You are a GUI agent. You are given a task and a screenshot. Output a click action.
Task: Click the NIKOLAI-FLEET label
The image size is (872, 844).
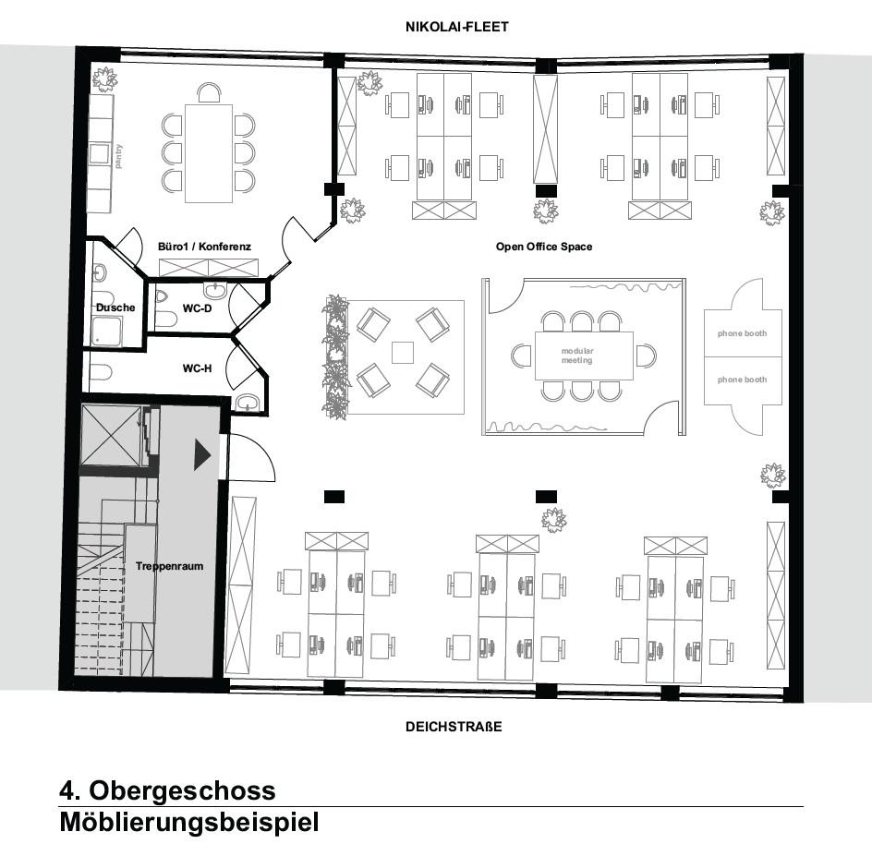point(456,27)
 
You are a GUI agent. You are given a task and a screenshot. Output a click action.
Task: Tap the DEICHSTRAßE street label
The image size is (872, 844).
point(454,727)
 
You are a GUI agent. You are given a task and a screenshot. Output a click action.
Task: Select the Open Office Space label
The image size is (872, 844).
point(544,247)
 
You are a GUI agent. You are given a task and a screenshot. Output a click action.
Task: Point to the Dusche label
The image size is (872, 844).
point(115,307)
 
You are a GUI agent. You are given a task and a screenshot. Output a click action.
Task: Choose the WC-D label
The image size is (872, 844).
point(197,307)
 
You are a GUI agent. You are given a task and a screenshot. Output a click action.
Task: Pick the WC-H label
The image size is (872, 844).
point(197,368)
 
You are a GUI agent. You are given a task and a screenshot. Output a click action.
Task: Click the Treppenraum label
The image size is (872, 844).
point(169,566)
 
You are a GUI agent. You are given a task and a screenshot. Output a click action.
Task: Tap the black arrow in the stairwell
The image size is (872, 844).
point(202,454)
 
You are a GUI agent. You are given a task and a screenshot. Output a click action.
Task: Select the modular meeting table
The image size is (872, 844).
point(584,356)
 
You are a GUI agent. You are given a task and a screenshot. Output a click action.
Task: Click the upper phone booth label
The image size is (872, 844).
point(743,333)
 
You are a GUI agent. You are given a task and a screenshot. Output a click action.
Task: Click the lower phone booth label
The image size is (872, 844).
point(743,380)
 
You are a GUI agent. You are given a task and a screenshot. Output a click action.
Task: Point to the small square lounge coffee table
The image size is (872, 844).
point(402,352)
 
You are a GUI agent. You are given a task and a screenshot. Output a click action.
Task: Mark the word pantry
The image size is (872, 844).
point(118,156)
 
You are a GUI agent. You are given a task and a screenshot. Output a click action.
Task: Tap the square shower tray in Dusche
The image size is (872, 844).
point(109,330)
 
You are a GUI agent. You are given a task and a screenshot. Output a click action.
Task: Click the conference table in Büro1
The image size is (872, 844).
point(208,152)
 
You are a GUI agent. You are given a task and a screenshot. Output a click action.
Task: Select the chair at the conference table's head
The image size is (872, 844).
point(209,92)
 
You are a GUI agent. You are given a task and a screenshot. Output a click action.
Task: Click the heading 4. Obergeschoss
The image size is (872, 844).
point(167,790)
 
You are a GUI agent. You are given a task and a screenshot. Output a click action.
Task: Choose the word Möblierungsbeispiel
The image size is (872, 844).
point(189,822)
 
